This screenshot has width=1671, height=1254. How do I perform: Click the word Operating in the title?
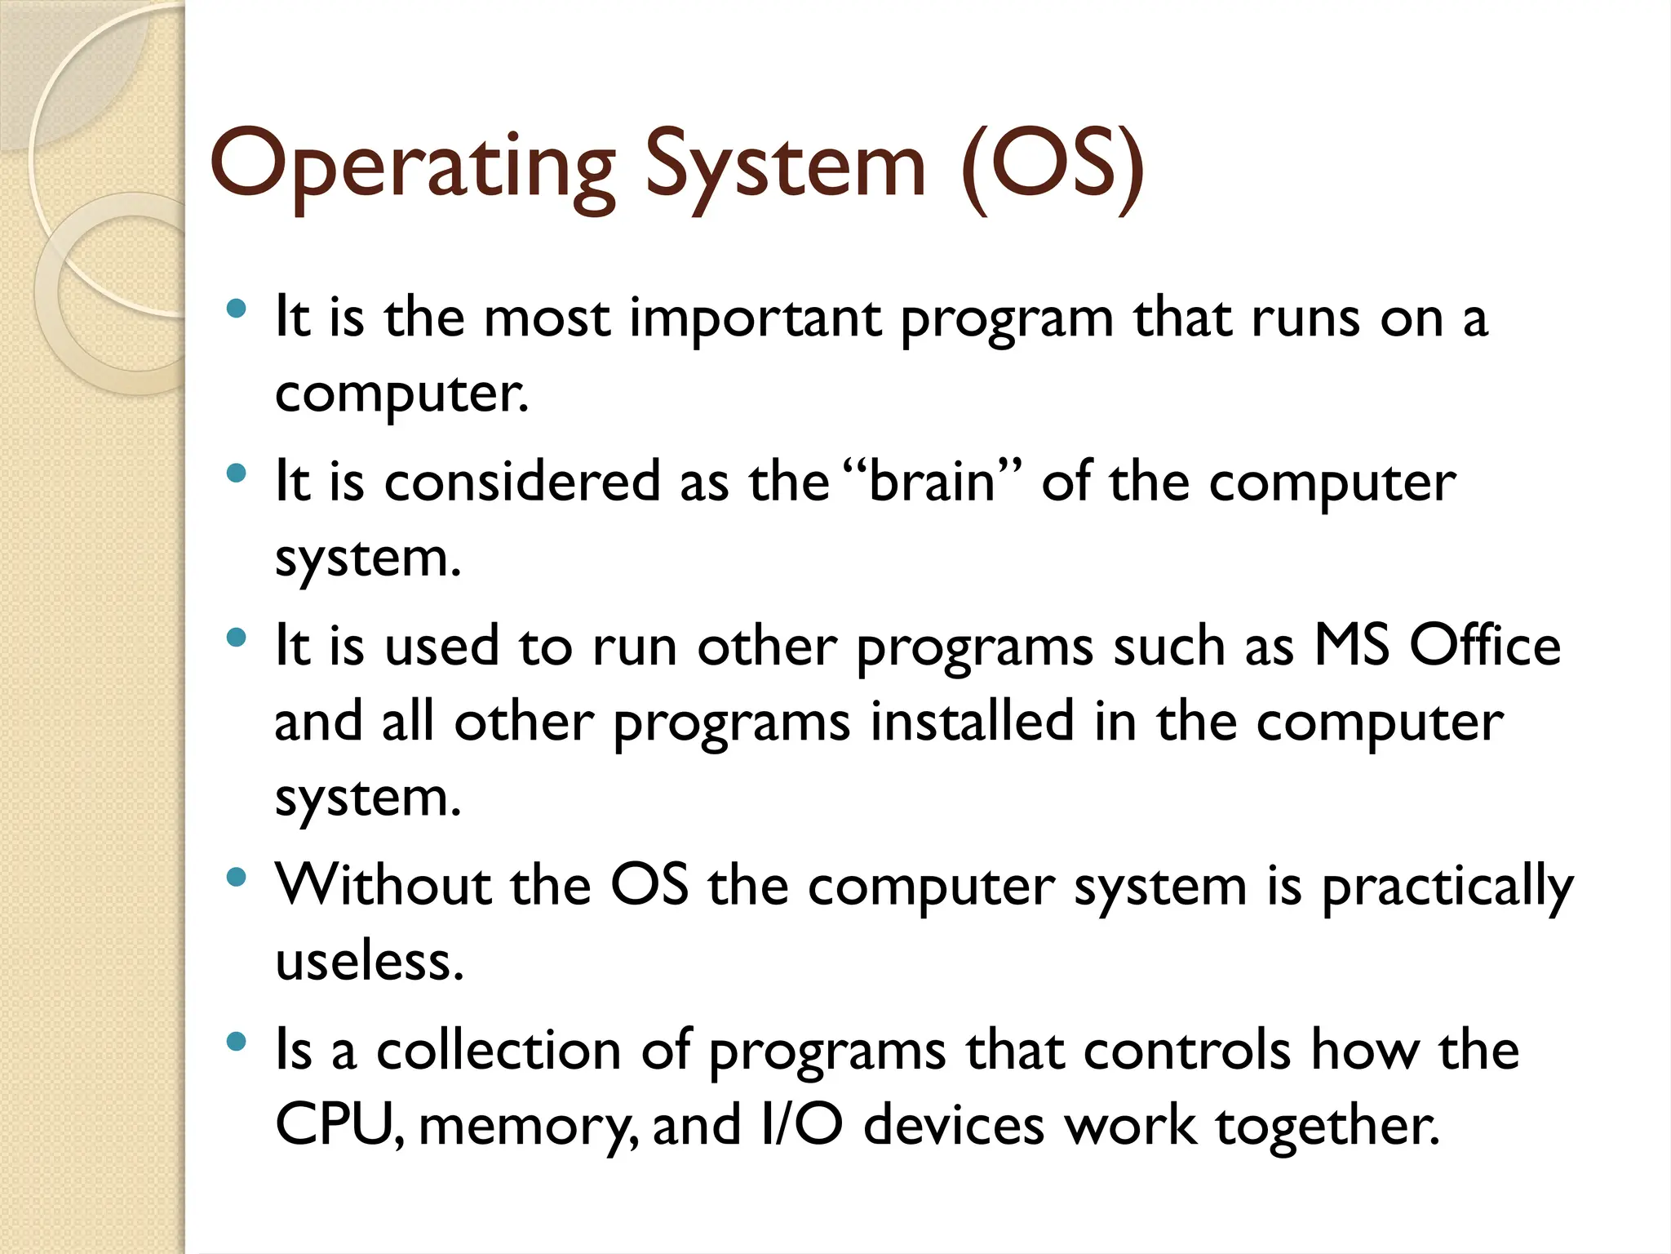tap(412, 167)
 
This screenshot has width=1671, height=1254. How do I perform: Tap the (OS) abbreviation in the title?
tap(1053, 167)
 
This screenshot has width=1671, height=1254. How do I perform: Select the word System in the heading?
tap(785, 167)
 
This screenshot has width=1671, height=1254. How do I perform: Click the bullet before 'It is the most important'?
tap(236, 309)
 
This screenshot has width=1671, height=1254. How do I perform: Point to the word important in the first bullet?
tap(755, 318)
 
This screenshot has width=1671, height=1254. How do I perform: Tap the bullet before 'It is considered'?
tap(236, 474)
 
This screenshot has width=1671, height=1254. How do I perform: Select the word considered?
tap(522, 482)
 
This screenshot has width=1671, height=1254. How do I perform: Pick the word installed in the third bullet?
tap(971, 722)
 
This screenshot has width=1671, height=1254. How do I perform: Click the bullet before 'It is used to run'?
tap(236, 638)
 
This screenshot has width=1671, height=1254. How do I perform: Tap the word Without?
tap(383, 885)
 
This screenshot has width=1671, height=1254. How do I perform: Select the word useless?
tap(369, 961)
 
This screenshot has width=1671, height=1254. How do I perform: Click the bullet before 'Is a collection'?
tap(236, 1041)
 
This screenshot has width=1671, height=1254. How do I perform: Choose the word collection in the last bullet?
tap(499, 1050)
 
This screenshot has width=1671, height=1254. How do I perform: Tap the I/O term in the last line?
tap(800, 1125)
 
